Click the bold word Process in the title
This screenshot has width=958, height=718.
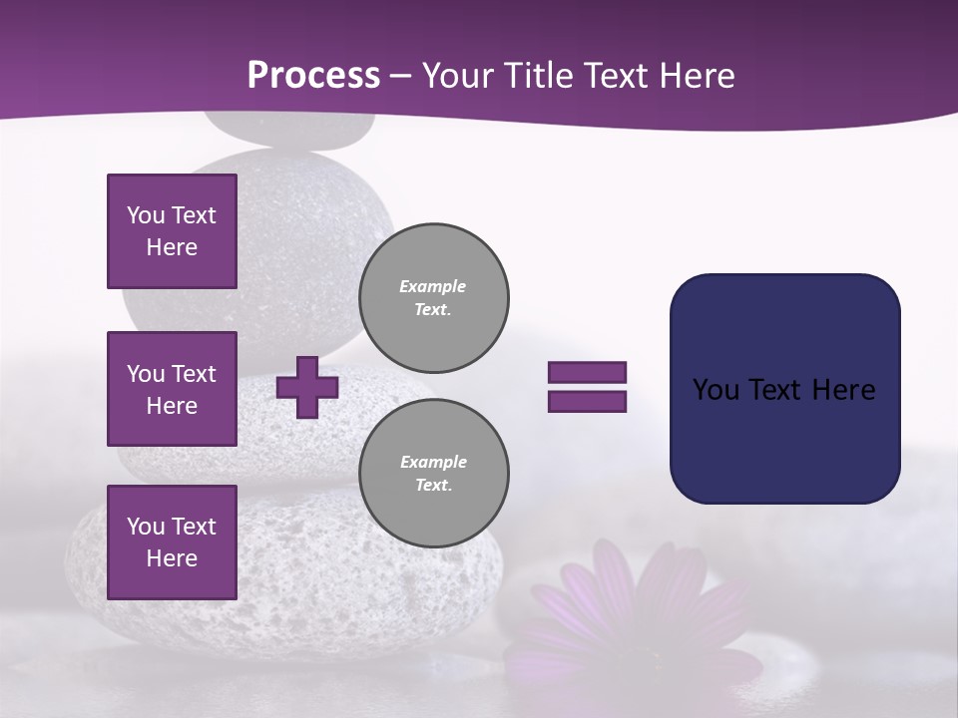(313, 76)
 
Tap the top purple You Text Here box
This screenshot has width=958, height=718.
(172, 231)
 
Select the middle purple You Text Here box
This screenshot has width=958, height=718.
(172, 389)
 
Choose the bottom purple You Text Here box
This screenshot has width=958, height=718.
(172, 542)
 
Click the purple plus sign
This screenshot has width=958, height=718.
(307, 387)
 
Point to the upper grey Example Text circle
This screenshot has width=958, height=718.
(434, 298)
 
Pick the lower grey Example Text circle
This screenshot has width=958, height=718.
(434, 474)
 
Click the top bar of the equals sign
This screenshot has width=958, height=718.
(587, 373)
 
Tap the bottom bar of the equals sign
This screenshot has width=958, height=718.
(587, 401)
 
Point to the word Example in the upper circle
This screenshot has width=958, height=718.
(432, 286)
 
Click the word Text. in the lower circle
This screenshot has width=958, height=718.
(433, 486)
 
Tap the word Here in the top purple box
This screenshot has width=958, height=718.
(172, 247)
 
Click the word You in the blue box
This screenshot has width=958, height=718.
(715, 390)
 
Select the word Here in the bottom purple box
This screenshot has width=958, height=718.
(172, 558)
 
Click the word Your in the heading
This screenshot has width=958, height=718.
(455, 76)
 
